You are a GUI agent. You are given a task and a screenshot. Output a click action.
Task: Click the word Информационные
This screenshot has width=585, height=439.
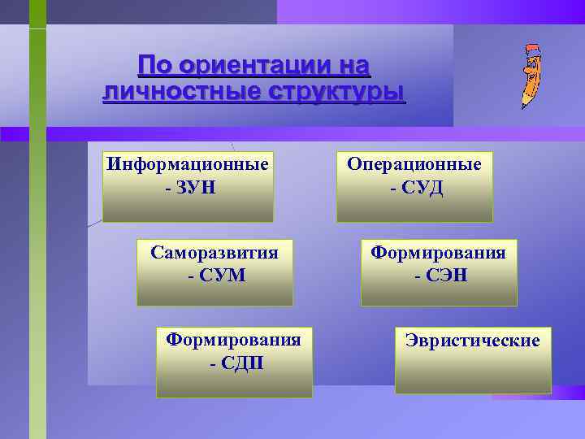tap(188, 164)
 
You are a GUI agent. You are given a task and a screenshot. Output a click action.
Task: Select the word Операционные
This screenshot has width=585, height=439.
tap(414, 164)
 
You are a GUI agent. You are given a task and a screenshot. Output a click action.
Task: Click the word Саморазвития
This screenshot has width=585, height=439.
tap(214, 252)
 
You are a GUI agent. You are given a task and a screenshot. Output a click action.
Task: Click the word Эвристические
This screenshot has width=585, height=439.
tap(473, 340)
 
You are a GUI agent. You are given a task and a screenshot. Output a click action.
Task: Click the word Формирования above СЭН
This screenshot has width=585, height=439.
tap(438, 252)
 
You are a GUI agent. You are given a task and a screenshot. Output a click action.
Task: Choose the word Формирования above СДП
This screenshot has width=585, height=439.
tap(233, 338)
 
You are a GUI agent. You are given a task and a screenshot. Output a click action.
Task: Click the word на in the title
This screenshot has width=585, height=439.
tap(351, 64)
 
